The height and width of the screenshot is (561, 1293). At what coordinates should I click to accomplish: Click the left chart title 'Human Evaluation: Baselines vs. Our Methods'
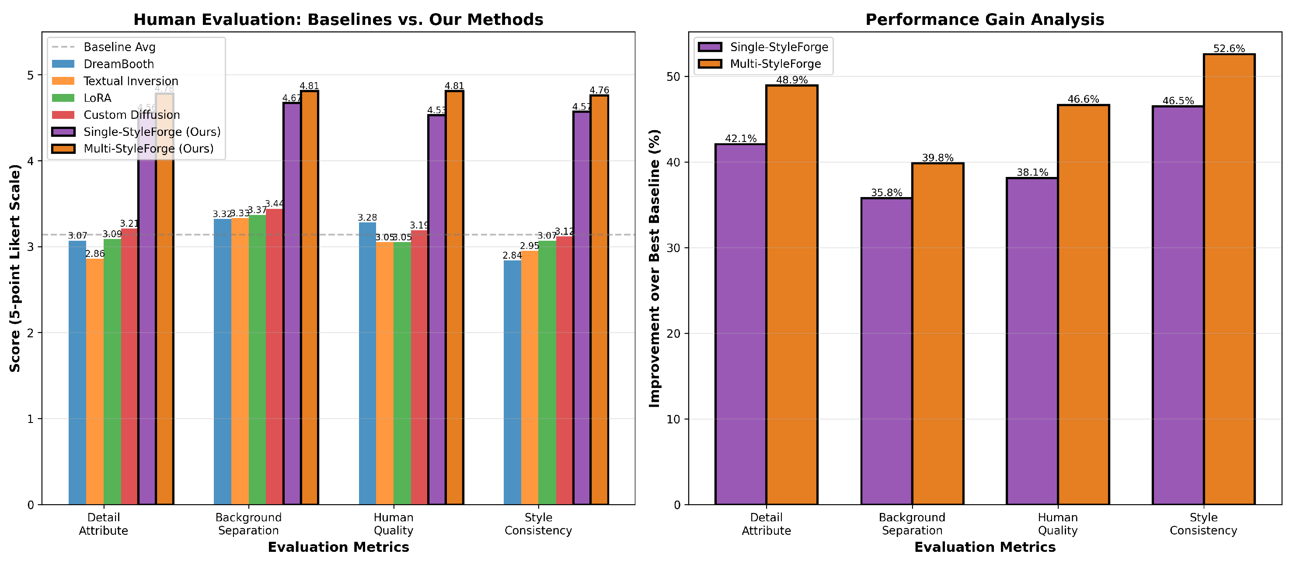point(338,20)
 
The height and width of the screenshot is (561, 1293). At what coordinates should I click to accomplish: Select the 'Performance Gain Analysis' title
point(984,20)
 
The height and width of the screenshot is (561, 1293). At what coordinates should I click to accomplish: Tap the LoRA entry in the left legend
point(97,98)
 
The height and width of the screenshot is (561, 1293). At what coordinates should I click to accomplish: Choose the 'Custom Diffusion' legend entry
point(132,115)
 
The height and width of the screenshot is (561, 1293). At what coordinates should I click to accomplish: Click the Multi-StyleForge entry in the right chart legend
point(775,64)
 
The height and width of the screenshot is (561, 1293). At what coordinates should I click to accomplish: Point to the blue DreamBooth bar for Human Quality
point(367,363)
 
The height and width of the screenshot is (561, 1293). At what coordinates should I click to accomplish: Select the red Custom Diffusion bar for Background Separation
point(274,356)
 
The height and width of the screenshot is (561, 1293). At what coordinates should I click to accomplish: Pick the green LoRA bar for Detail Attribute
point(112,371)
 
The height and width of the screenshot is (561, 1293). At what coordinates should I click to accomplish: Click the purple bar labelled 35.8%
point(886,351)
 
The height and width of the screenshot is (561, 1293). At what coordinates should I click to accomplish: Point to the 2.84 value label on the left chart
point(512,256)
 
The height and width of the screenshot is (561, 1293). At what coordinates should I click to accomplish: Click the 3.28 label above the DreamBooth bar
point(367,218)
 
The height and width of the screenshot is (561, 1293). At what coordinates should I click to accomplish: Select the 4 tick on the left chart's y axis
point(31,161)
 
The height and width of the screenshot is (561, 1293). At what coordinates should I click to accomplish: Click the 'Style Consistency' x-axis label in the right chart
point(1203,524)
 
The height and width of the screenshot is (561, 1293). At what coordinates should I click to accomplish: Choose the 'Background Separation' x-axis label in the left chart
point(248,524)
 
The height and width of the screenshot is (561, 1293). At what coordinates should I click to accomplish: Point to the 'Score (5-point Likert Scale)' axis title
point(15,268)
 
